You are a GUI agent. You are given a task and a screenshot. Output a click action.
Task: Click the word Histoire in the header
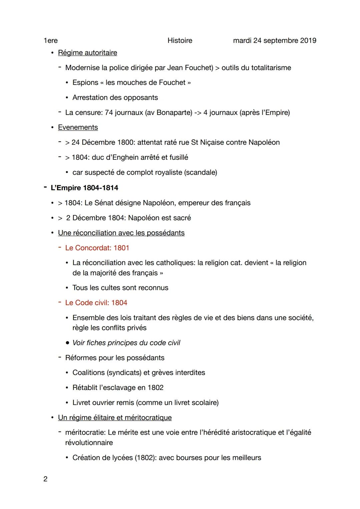coord(180,41)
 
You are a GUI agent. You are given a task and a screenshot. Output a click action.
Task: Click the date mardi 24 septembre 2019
coord(274,41)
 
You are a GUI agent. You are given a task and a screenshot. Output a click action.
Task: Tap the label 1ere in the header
coord(50,41)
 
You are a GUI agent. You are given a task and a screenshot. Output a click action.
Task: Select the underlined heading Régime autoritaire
coord(87,53)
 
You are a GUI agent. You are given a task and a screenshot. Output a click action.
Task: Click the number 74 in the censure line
coord(109,113)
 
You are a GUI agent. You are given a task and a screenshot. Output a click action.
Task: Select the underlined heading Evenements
coord(78,127)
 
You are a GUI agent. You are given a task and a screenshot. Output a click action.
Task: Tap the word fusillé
coord(175,157)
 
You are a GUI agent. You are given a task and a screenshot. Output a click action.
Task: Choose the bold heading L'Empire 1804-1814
coord(84,188)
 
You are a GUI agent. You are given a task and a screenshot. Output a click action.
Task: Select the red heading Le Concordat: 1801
coord(97,248)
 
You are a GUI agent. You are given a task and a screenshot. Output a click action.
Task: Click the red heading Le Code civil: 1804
coord(96,303)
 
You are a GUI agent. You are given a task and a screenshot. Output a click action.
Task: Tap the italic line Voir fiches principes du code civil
coord(126,343)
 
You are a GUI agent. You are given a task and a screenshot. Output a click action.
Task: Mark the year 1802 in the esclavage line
coord(155,388)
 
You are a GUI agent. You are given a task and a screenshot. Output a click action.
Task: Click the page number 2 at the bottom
coord(45,479)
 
